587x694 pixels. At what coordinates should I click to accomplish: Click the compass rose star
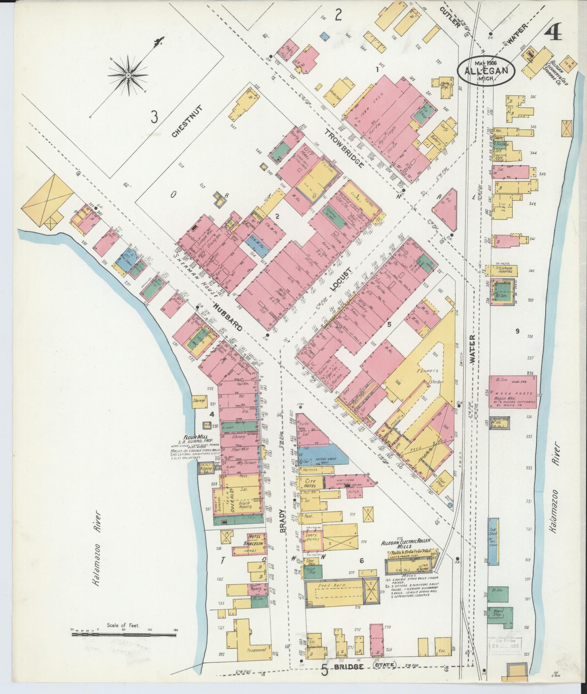coord(128,75)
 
